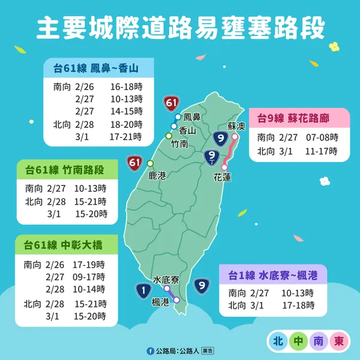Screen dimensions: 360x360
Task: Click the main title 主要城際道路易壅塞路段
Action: [x=180, y=28]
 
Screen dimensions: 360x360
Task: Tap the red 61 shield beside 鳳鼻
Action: [x=171, y=104]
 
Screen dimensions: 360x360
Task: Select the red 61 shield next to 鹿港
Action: [x=134, y=163]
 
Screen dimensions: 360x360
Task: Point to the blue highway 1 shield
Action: [x=143, y=292]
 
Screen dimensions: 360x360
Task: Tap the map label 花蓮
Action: [x=222, y=177]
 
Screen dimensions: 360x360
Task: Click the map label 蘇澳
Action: [x=237, y=127]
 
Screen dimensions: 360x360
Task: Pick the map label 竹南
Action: [x=179, y=144]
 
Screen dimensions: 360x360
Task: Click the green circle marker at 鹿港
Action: [x=150, y=163]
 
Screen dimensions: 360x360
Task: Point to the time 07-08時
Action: [x=322, y=137]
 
